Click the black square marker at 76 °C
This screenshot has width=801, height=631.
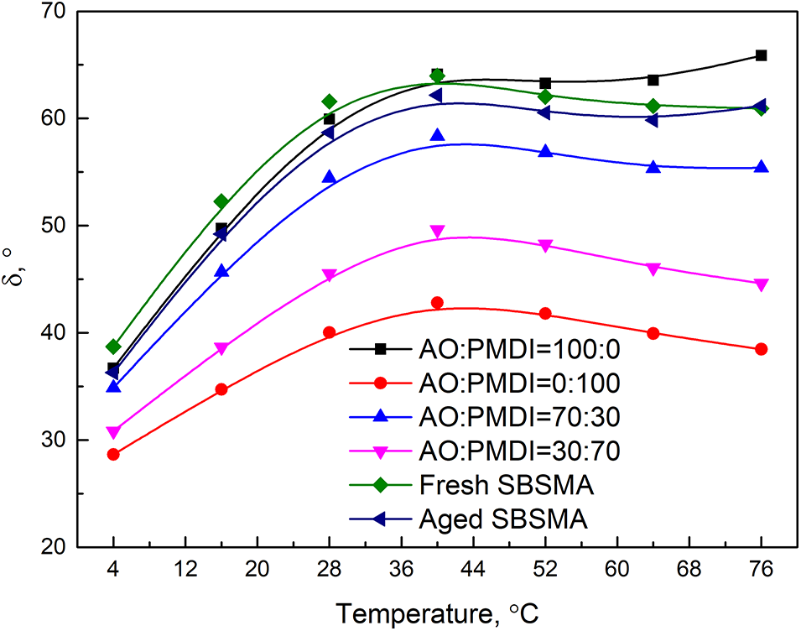coord(761,55)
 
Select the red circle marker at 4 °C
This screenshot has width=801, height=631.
coord(113,455)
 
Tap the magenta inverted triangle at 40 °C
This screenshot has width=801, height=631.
coord(437,232)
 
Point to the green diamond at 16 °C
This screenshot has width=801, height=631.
coord(221,201)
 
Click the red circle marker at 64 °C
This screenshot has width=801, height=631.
coord(653,333)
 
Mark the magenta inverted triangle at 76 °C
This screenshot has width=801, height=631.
coord(761,284)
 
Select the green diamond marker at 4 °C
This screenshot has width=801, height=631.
coord(113,347)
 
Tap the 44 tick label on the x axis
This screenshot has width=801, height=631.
coord(473,568)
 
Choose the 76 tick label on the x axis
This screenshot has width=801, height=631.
coord(761,568)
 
